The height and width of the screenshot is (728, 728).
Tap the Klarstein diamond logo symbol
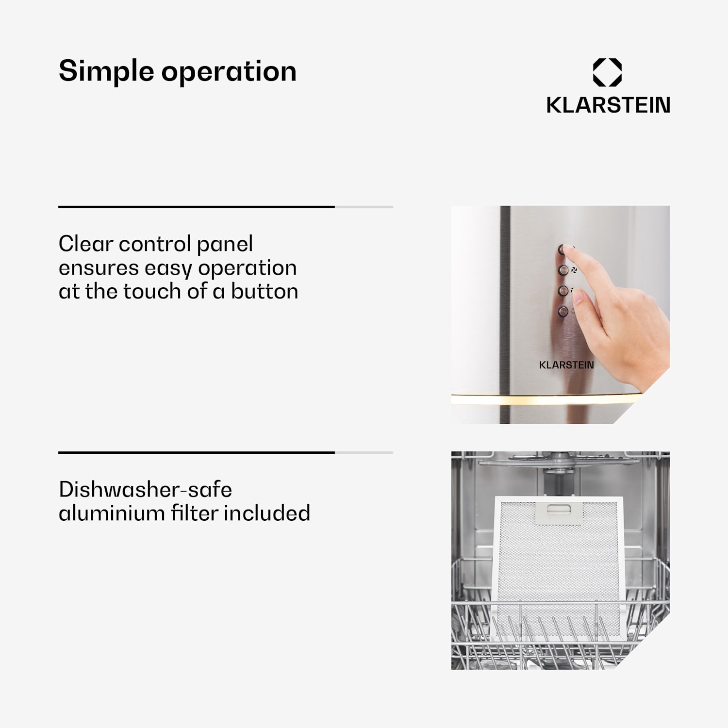point(607,72)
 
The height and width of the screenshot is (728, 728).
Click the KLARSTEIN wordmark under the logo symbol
point(608,105)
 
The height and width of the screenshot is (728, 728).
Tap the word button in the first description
point(264,291)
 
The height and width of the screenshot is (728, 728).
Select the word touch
point(152,291)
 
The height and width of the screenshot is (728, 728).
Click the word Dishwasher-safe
point(145,489)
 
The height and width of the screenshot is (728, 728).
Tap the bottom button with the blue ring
point(563,311)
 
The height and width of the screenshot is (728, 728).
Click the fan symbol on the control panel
point(574,270)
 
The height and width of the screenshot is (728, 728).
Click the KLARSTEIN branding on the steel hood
point(566,365)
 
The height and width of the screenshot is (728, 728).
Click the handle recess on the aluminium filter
point(559,509)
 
